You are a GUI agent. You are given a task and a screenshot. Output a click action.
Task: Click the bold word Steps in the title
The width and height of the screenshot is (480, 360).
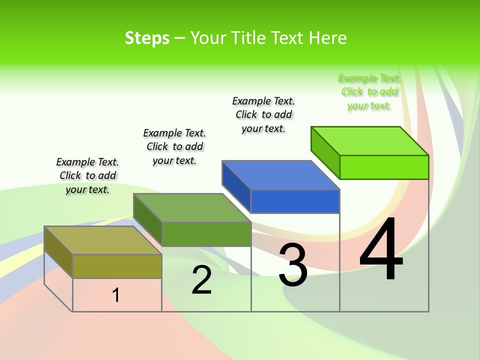click(x=147, y=38)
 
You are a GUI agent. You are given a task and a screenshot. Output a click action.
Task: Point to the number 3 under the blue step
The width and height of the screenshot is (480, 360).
click(x=293, y=265)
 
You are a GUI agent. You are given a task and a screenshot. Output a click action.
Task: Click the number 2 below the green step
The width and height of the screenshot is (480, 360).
click(x=202, y=280)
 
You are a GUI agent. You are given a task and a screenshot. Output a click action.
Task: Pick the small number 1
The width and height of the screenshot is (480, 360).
click(x=116, y=295)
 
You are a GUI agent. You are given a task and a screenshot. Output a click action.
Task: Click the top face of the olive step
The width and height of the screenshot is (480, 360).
click(x=103, y=240)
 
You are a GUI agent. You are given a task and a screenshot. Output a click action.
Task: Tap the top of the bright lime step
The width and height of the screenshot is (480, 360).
click(x=370, y=141)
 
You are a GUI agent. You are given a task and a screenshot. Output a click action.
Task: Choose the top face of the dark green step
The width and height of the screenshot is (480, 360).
click(x=192, y=207)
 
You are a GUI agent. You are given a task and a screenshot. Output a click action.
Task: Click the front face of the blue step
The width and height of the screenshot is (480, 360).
click(x=295, y=201)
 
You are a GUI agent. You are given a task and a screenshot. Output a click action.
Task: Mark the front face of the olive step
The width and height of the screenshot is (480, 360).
click(x=117, y=266)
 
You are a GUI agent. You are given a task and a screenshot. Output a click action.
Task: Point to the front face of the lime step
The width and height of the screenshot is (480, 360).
click(x=384, y=167)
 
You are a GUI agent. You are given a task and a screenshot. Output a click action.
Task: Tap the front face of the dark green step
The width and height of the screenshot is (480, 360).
click(x=206, y=234)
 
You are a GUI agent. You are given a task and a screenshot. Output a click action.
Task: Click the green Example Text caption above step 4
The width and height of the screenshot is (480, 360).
click(x=369, y=92)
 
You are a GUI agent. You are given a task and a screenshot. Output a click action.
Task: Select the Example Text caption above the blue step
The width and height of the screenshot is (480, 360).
click(x=263, y=114)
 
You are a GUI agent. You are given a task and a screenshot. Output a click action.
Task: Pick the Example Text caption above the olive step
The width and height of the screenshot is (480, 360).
click(x=87, y=175)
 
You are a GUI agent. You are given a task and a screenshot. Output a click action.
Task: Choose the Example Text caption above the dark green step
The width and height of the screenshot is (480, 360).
click(x=174, y=146)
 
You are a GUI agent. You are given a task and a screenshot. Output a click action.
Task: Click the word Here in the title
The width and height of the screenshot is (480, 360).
click(x=328, y=38)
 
